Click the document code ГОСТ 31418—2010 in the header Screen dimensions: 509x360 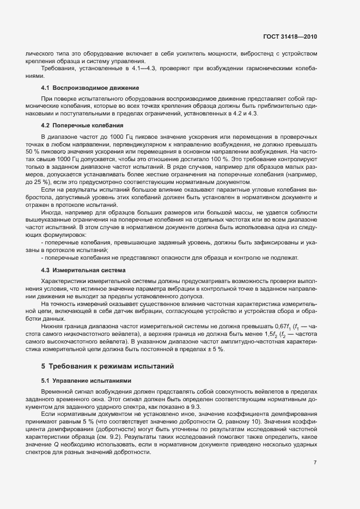click(x=289, y=36)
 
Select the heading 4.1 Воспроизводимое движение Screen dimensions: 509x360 click(x=90, y=88)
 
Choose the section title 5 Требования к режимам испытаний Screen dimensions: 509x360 click(x=108, y=365)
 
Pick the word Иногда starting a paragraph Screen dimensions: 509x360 click(x=52, y=212)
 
